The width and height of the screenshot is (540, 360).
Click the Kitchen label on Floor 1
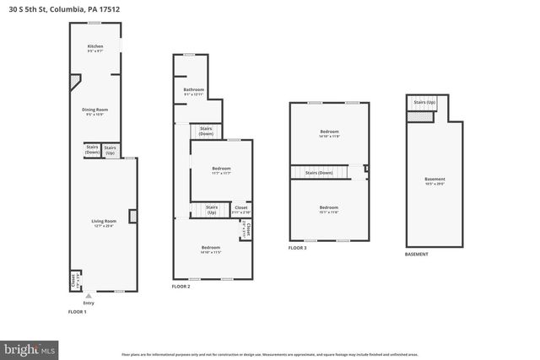click(x=95, y=48)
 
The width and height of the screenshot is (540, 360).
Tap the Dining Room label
click(x=94, y=111)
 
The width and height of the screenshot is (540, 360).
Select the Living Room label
click(x=104, y=223)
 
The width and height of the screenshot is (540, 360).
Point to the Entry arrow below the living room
click(x=89, y=295)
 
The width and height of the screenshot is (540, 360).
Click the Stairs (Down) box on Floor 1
click(x=92, y=150)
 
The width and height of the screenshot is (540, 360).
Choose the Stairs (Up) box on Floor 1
click(x=110, y=150)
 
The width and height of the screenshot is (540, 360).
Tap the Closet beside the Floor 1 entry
click(x=73, y=278)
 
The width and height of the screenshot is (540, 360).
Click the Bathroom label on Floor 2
click(x=194, y=91)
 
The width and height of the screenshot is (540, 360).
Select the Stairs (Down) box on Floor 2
click(x=206, y=131)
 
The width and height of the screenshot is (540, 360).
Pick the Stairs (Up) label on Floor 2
click(x=212, y=209)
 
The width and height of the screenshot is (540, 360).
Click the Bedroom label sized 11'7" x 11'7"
click(x=220, y=170)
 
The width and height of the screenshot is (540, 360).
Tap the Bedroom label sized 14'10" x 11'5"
click(x=210, y=249)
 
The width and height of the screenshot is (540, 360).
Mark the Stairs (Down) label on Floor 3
click(x=319, y=173)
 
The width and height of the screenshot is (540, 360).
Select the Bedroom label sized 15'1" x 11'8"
click(x=328, y=209)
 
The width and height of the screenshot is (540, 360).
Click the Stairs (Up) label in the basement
click(x=424, y=103)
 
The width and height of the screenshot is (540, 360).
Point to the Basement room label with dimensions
click(x=435, y=180)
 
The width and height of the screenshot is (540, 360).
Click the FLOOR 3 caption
click(x=297, y=248)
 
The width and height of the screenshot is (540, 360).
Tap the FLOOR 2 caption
click(x=181, y=287)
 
